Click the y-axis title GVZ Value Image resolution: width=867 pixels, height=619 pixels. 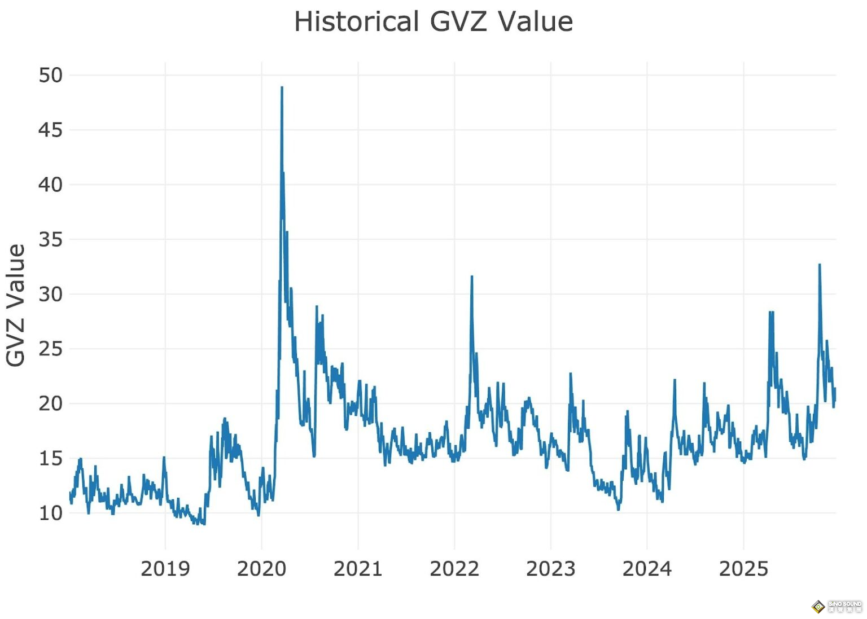16,305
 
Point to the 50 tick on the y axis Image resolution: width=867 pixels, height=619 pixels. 50,75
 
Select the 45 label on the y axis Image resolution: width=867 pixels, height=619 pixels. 50,130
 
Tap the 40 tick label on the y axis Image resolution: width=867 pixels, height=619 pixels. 50,185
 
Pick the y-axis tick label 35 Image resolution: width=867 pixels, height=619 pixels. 50,240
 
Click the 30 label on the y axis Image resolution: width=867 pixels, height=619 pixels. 50,294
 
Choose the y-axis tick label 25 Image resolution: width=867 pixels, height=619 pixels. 50,349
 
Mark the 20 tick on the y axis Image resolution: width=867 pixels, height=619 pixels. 50,403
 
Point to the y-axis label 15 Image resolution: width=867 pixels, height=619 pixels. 50,458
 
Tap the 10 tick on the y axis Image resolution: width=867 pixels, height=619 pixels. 50,513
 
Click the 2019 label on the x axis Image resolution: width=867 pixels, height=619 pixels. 165,569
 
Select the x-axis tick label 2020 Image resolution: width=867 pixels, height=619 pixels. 261,569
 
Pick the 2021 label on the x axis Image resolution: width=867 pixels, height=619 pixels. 358,569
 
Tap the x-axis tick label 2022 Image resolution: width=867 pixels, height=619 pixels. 454,569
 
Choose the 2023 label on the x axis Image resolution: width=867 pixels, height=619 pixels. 551,569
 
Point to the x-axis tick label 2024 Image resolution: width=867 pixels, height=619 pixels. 647,569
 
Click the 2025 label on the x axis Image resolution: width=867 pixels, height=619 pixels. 743,569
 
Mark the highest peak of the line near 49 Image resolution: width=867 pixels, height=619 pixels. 282,87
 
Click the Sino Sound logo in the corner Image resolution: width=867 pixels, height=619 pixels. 837,607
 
